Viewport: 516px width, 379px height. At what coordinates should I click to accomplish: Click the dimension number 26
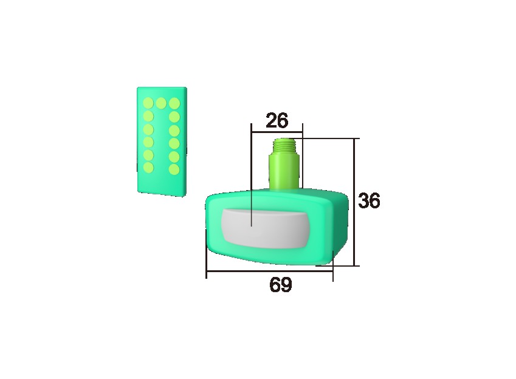coord(277,120)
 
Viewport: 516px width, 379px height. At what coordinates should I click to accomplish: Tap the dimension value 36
coord(368,201)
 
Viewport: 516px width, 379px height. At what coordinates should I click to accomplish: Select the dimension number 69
coord(280,285)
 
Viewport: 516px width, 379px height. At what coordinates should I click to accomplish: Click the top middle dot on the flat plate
coord(161,103)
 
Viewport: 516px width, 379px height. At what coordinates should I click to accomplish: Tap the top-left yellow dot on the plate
coord(148,103)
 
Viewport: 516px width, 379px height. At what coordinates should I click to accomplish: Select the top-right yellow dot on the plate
coord(174,103)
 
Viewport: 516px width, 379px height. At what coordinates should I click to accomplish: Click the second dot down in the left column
coord(148,115)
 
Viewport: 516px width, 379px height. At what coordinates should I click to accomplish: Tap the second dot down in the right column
coord(174,115)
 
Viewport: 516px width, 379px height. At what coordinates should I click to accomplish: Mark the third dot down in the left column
coord(148,129)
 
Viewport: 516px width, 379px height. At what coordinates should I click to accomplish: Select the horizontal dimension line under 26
coord(277,130)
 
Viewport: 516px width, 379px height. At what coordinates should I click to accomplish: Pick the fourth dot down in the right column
coord(174,143)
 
